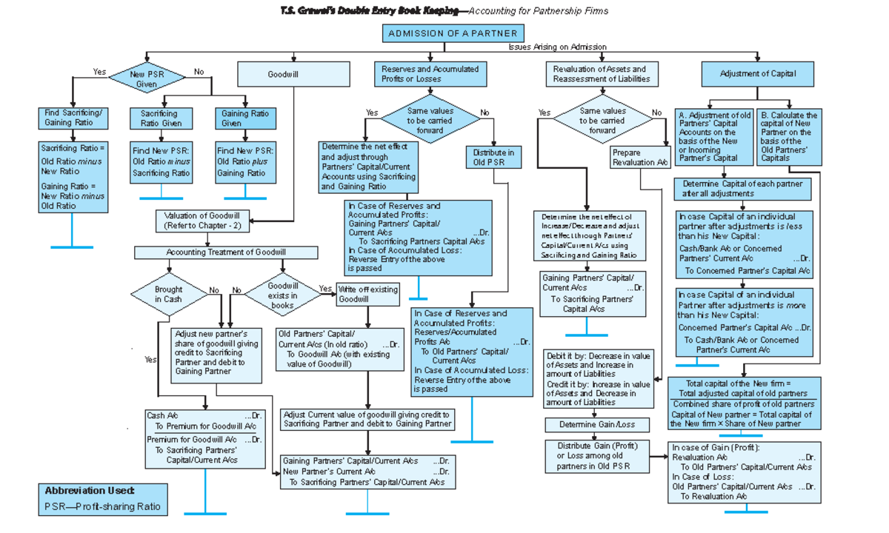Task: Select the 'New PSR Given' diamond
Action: (147, 79)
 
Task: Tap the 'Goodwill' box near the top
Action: (293, 75)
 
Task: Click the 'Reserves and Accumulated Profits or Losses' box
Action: (430, 74)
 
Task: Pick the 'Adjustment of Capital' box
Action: (757, 74)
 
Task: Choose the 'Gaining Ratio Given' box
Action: (245, 118)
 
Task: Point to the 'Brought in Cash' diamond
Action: (168, 294)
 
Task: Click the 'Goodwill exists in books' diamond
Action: (282, 295)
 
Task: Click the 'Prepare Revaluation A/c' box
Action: (642, 158)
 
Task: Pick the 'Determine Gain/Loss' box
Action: (597, 425)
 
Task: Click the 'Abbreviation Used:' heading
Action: (90, 491)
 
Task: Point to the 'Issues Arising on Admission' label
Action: (557, 47)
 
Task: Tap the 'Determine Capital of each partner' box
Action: (742, 188)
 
